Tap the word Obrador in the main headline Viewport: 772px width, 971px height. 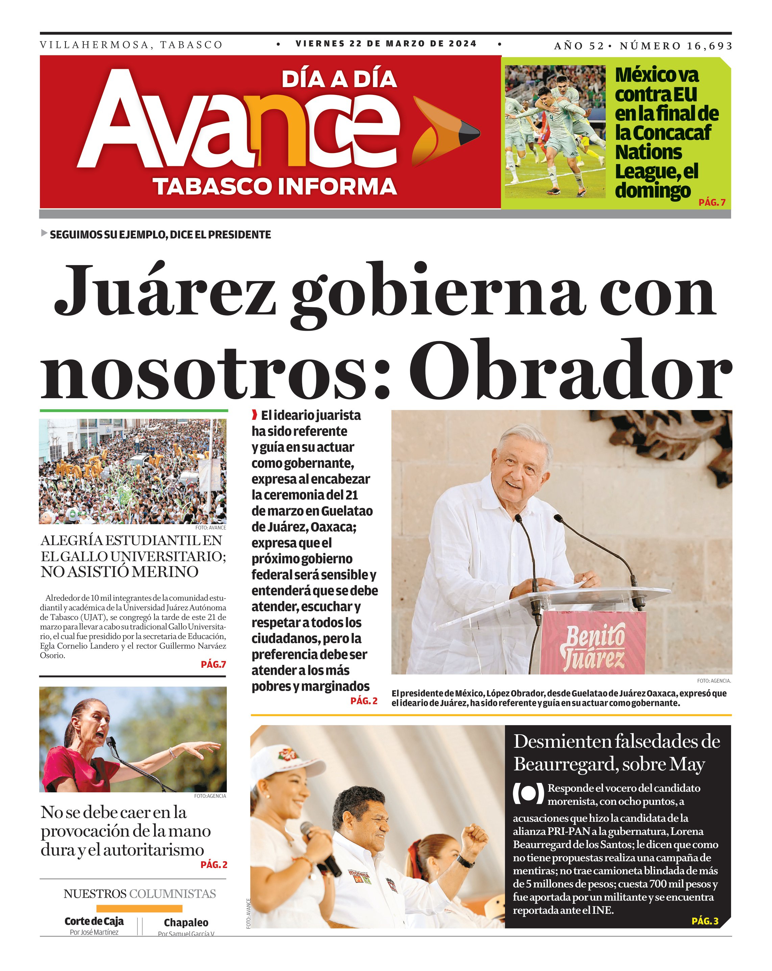coord(570,370)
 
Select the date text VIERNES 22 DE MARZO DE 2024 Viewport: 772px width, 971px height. coord(386,44)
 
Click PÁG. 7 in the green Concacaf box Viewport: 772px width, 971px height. coord(711,202)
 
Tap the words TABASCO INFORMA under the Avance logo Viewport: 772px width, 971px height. coord(274,186)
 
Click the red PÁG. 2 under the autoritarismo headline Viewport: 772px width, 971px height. coord(214,864)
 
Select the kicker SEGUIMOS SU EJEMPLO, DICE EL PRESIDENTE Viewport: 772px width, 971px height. coord(160,235)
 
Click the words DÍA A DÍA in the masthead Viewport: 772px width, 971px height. coord(339,80)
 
